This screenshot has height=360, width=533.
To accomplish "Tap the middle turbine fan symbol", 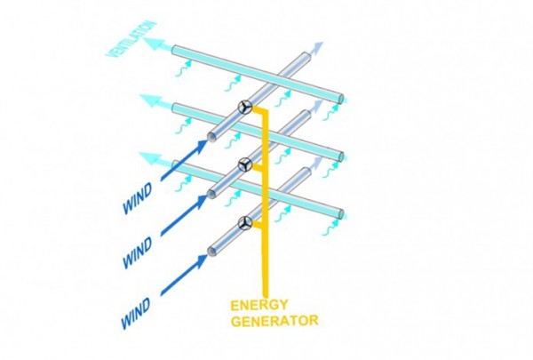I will [x=244, y=164].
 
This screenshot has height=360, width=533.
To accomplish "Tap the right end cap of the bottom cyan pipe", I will [x=342, y=212].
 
